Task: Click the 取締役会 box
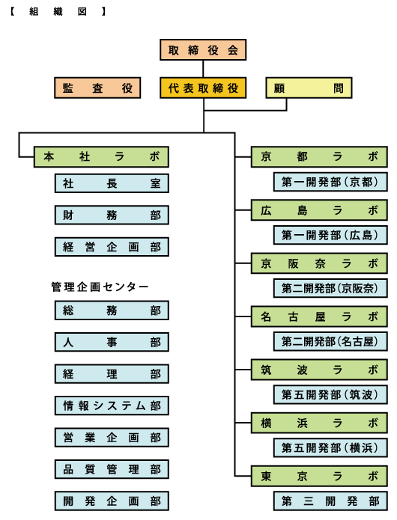pyautogui.click(x=203, y=49)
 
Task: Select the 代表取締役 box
pyautogui.click(x=203, y=88)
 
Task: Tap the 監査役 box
pyautogui.click(x=97, y=88)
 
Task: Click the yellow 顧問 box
pyautogui.click(x=309, y=88)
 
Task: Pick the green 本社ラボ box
pyautogui.click(x=101, y=156)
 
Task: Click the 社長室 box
pyautogui.click(x=112, y=183)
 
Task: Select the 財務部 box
pyautogui.click(x=112, y=215)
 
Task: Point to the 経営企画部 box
pyautogui.click(x=112, y=247)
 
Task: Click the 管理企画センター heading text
pyautogui.click(x=100, y=287)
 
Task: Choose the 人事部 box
pyautogui.click(x=112, y=342)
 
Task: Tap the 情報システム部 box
pyautogui.click(x=112, y=406)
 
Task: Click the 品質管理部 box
pyautogui.click(x=112, y=469)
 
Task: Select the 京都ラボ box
pyautogui.click(x=319, y=156)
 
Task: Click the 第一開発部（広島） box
pyautogui.click(x=330, y=235)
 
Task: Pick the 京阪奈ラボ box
pyautogui.click(x=319, y=263)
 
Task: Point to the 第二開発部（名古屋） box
pyautogui.click(x=330, y=341)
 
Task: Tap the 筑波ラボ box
pyautogui.click(x=319, y=370)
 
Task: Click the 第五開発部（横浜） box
pyautogui.click(x=330, y=447)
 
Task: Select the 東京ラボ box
pyautogui.click(x=319, y=476)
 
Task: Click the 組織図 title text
pyautogui.click(x=58, y=12)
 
